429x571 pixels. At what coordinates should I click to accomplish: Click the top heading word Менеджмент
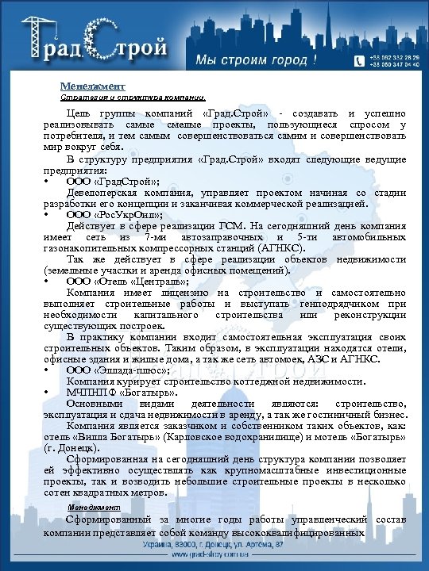[x=92, y=86]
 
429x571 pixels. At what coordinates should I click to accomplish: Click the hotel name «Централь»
[x=164, y=281]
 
